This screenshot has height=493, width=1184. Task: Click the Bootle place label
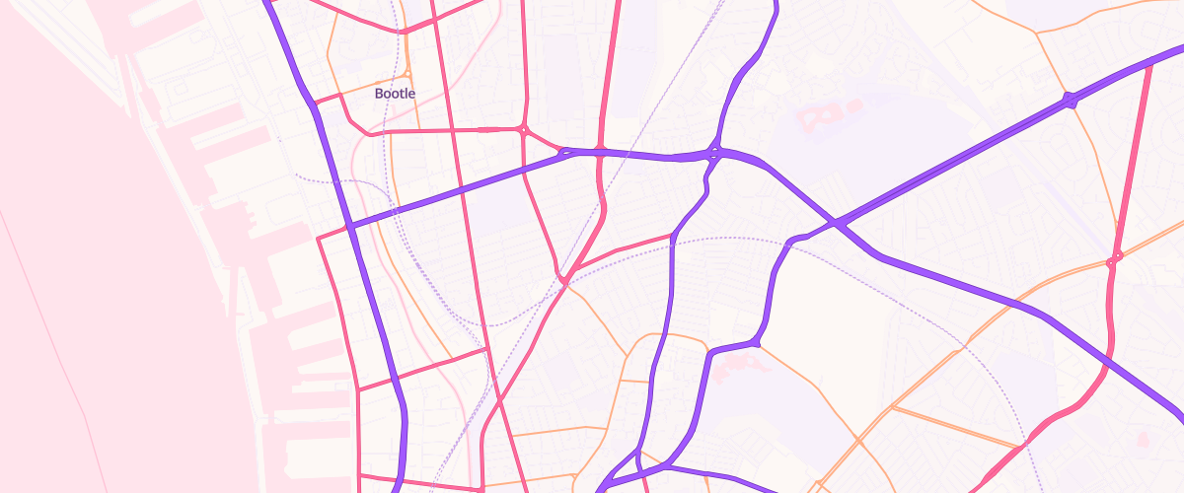[x=395, y=94]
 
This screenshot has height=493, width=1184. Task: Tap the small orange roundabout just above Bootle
[x=407, y=74]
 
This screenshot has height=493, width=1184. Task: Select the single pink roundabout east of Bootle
[x=523, y=129]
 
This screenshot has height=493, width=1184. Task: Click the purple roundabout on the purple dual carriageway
[x=1070, y=100]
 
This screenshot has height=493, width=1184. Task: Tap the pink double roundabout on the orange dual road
[x=1116, y=259]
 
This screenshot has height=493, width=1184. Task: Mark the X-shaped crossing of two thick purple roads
[x=837, y=224]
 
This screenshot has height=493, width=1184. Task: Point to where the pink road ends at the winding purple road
[x=672, y=237]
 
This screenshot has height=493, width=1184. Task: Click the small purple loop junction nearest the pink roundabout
[x=565, y=153]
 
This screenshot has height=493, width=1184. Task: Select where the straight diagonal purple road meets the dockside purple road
[x=349, y=227]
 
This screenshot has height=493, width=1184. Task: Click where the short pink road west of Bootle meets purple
[x=314, y=102]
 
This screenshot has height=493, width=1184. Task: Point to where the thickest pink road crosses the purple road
[x=600, y=151]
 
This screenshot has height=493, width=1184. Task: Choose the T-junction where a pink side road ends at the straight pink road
[x=486, y=348]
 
